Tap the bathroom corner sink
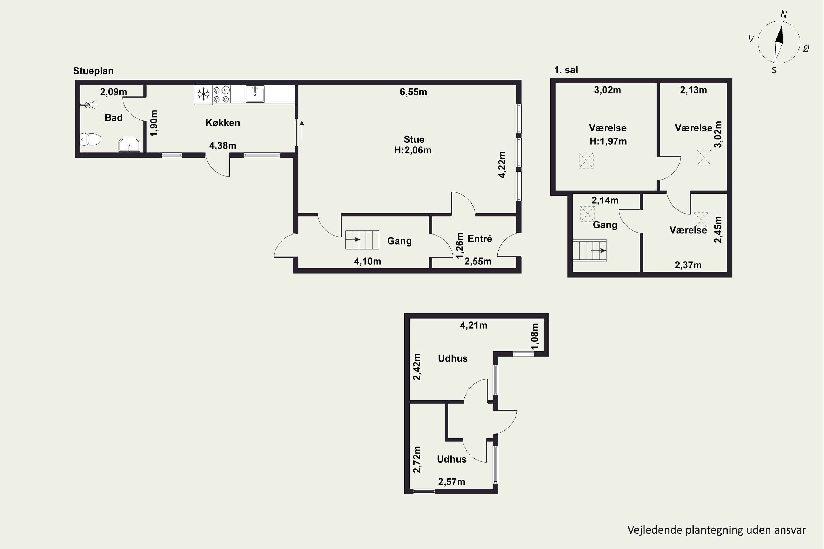click(129, 145)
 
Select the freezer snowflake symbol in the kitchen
click(203, 94)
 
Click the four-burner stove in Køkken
click(221, 94)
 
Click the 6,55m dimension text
click(413, 92)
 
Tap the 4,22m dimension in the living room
click(502, 164)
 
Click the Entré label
click(480, 239)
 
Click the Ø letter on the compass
click(806, 49)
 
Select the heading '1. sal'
click(566, 70)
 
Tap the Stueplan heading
click(93, 71)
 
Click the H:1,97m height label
click(608, 141)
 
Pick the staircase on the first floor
click(590, 250)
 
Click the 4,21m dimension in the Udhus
click(473, 325)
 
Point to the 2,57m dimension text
click(452, 482)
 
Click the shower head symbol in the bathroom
click(88, 104)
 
